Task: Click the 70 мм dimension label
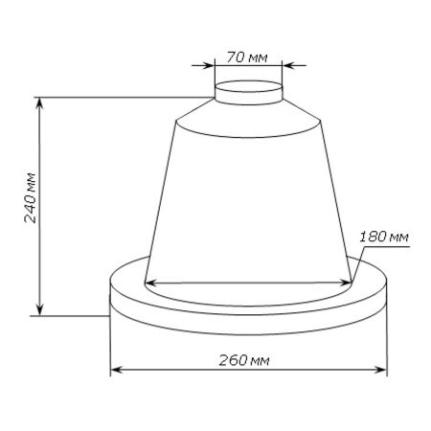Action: [247, 57]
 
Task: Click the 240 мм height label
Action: [31, 197]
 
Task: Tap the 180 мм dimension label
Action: [384, 237]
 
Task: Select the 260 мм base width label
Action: [244, 360]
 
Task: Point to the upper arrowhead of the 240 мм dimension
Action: [39, 102]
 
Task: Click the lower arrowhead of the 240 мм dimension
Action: [39, 309]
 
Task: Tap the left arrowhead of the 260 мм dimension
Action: [117, 370]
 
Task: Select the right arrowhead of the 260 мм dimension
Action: [380, 370]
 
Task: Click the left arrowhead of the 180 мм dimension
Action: [151, 283]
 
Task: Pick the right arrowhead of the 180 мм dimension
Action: [346, 283]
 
